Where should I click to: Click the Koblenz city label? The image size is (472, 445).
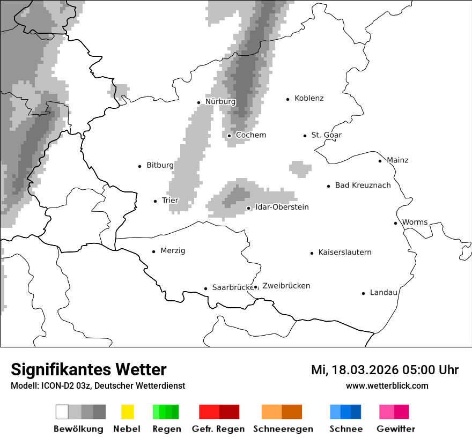(x=309, y=98)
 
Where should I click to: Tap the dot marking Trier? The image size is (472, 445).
(x=156, y=201)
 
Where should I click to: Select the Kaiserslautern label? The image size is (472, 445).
(x=344, y=253)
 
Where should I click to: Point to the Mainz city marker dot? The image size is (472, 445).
(x=380, y=161)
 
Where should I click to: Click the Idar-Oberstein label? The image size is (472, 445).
(x=282, y=207)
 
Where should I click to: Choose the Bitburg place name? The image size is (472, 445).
(x=160, y=166)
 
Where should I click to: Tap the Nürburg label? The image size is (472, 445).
(x=220, y=102)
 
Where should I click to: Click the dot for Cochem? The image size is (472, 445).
(x=230, y=136)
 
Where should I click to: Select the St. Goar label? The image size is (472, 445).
(x=326, y=135)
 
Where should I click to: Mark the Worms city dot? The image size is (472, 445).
(x=396, y=223)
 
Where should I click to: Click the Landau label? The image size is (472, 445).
(x=383, y=293)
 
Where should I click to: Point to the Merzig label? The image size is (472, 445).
(x=173, y=251)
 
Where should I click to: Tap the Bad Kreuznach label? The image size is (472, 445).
(x=363, y=186)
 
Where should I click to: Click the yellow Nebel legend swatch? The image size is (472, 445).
(x=127, y=412)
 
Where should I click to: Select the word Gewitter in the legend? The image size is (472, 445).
(x=395, y=429)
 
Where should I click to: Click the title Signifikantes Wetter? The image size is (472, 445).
(x=88, y=369)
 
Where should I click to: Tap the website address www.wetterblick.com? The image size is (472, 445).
(x=387, y=385)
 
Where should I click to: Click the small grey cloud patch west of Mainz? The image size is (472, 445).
(x=300, y=168)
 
